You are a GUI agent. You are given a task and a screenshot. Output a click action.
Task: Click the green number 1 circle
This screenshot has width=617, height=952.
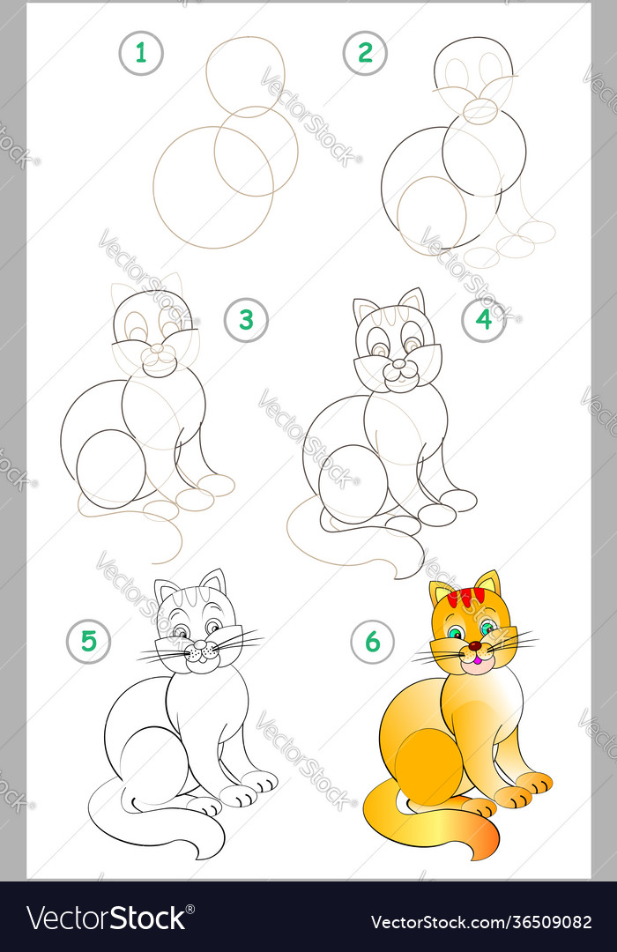(x=141, y=53)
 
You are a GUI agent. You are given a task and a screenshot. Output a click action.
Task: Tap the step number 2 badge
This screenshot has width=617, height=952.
(x=365, y=53)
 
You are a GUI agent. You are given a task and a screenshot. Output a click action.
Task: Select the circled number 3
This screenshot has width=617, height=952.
(x=246, y=320)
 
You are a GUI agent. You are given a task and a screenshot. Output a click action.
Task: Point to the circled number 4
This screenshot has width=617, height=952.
(x=484, y=319)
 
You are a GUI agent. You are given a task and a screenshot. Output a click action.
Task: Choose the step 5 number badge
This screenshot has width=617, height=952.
(x=88, y=641)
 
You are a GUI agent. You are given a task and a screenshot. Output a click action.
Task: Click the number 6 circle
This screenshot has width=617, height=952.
(x=372, y=642)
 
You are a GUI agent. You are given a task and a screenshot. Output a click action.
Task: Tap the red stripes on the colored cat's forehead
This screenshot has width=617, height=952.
(x=465, y=597)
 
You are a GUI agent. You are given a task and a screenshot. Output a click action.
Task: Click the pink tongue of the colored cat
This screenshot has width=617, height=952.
(x=476, y=658)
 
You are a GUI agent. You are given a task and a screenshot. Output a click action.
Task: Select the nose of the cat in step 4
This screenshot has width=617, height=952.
(x=399, y=362)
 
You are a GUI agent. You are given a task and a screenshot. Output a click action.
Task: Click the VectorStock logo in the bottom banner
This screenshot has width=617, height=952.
(x=107, y=919)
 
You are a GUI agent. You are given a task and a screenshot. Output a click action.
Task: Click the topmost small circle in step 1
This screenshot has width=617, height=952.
(x=246, y=76)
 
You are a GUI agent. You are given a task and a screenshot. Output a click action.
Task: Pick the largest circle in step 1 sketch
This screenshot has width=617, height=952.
(x=212, y=187)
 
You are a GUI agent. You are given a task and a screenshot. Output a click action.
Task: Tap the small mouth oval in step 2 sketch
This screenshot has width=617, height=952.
(x=480, y=110)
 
